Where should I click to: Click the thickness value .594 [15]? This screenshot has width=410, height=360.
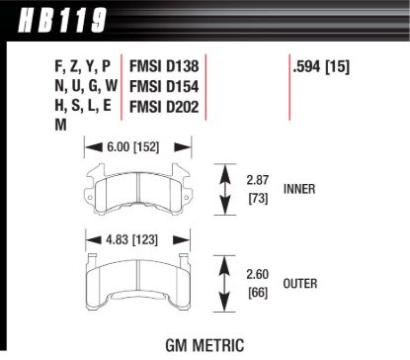(x=321, y=69)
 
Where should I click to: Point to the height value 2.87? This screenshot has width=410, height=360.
(x=258, y=182)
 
